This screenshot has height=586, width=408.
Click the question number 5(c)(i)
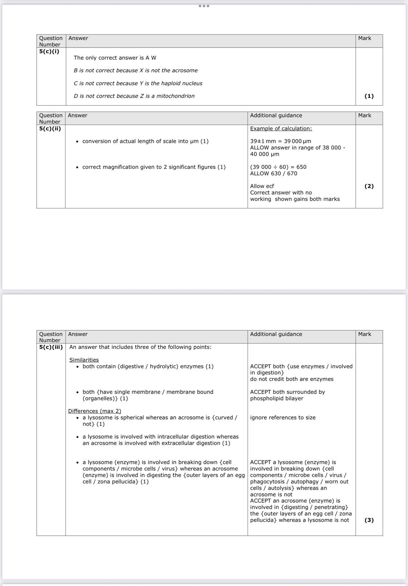point(49,51)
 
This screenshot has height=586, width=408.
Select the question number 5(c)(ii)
point(50,129)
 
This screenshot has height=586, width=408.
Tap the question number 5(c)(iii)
point(51,347)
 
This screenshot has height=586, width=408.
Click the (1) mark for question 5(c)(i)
point(369,96)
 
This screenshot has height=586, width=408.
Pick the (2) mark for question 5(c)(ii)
point(369,186)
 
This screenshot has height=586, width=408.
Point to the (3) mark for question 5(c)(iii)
point(369,520)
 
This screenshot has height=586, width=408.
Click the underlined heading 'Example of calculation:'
point(281,129)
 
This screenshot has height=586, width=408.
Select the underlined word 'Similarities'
point(84,360)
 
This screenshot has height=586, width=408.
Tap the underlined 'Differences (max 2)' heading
point(94,411)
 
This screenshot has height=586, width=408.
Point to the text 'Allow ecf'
point(262,186)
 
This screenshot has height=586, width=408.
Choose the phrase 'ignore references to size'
point(283,417)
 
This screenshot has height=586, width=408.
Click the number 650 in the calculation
point(301,167)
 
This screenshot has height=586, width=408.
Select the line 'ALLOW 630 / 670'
point(274,173)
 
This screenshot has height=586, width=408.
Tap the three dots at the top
point(204,6)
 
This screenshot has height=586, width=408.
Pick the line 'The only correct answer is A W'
point(115,58)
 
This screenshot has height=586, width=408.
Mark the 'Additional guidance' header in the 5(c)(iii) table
point(276,334)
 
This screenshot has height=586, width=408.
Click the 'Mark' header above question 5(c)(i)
point(365,38)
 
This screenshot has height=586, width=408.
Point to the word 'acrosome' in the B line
point(185,71)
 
